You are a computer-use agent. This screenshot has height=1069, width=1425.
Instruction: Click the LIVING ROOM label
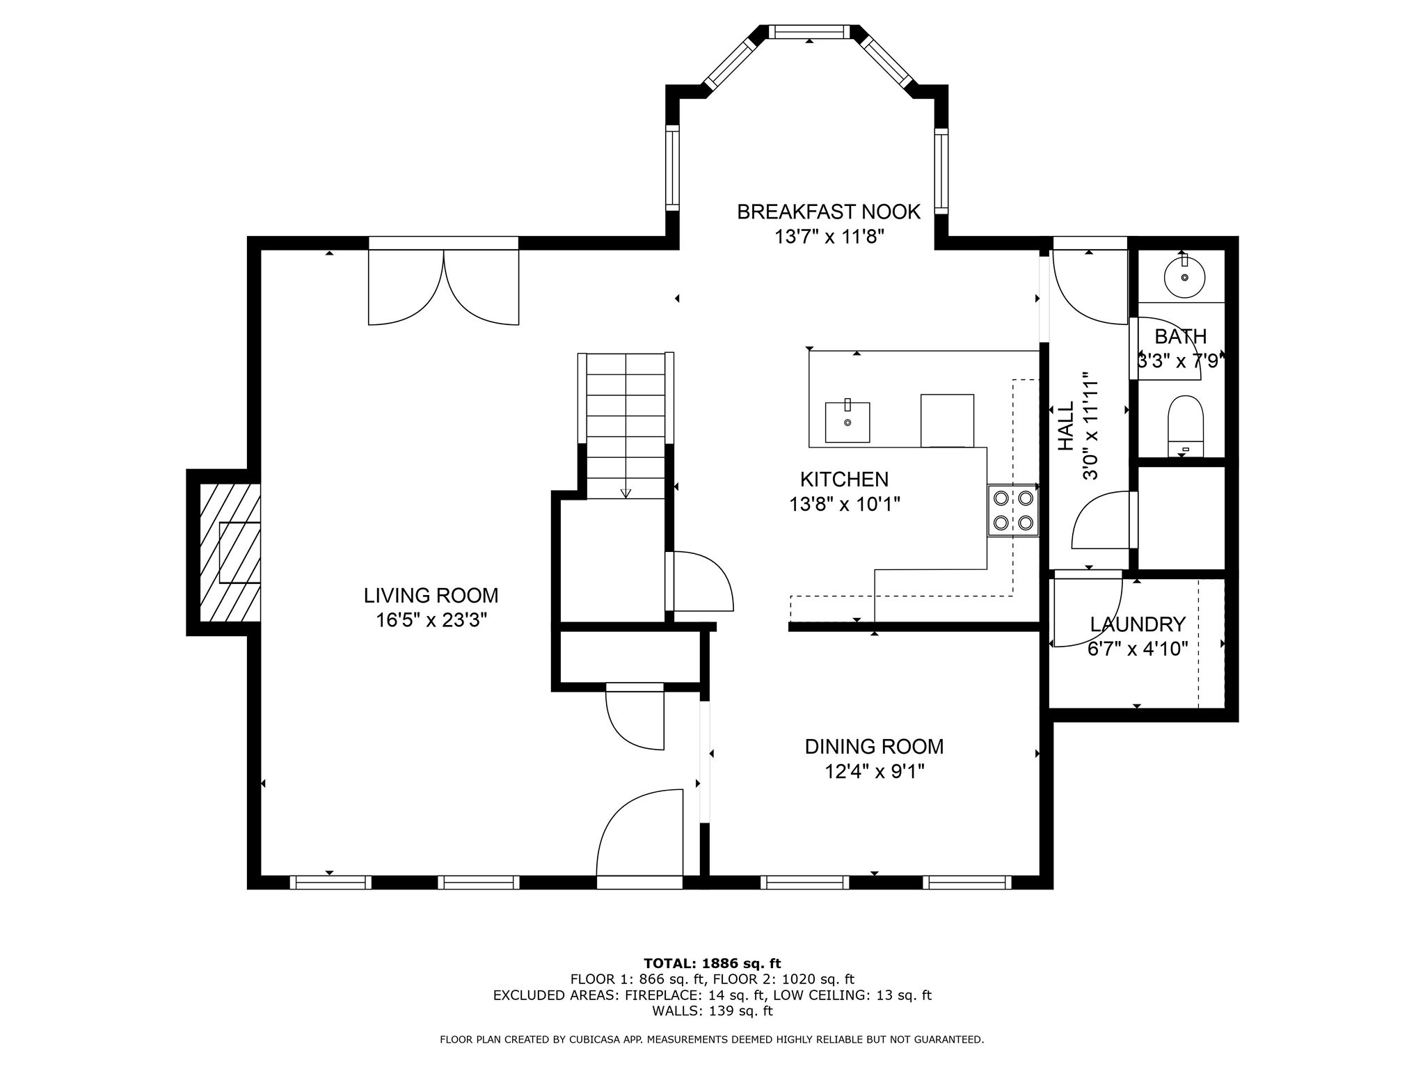[431, 596]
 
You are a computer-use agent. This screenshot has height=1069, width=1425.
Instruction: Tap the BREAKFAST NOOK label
[829, 212]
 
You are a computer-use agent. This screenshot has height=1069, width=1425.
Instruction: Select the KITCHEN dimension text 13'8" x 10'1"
[845, 504]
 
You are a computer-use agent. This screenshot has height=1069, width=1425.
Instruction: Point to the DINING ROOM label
[874, 747]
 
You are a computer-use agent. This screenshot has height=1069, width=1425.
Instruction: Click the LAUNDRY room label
[1138, 624]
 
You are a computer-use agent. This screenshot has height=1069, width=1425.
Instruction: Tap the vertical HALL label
[1066, 426]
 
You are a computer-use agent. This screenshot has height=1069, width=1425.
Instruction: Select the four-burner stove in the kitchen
[1012, 510]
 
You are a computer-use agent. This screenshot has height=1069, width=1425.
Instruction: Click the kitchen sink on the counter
[847, 421]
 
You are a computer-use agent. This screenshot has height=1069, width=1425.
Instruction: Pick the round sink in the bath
[1184, 276]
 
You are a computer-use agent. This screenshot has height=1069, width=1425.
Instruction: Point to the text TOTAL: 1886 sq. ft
[712, 963]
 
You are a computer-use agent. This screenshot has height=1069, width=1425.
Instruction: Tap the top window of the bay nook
[809, 32]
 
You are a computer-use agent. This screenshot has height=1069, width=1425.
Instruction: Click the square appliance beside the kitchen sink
[947, 420]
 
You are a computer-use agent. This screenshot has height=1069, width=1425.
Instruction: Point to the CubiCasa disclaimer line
[712, 1040]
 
